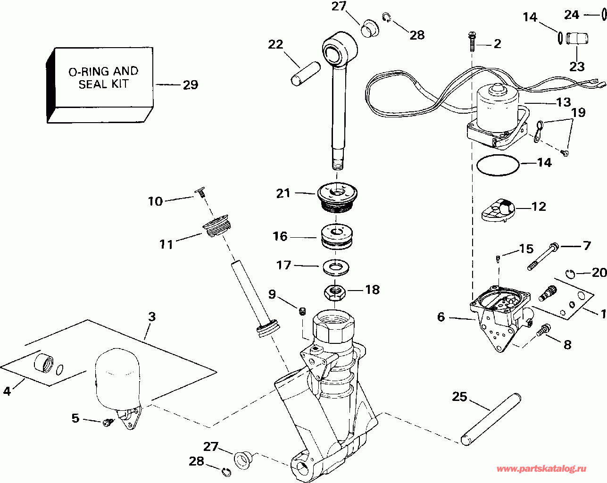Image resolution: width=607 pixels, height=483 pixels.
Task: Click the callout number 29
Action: coord(190,85)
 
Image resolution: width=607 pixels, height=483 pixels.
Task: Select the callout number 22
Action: coord(275,44)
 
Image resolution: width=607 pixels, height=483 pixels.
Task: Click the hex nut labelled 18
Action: coord(335,293)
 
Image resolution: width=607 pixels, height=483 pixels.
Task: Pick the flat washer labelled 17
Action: coord(336,267)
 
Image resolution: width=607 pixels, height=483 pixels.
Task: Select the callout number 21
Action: coord(283,193)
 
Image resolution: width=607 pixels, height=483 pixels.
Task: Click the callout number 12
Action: coord(539,207)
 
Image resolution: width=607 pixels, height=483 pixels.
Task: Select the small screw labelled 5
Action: coord(108,422)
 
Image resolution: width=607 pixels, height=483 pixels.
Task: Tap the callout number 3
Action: coord(151,316)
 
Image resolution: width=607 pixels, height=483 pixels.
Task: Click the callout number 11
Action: coord(166,244)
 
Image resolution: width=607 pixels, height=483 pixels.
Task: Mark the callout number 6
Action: coord(441,317)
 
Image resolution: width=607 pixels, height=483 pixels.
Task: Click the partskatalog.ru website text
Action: coord(541,469)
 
